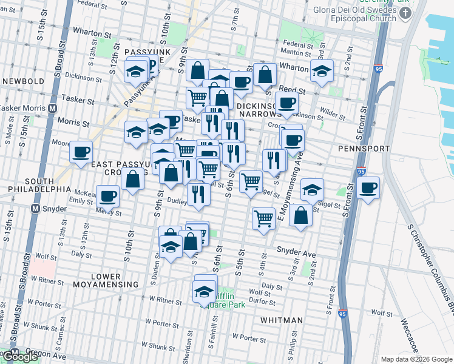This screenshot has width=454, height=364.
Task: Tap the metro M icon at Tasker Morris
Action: (x=53, y=108)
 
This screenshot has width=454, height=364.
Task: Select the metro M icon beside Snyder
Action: (x=36, y=208)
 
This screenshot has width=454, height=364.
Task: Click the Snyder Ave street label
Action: (x=296, y=250)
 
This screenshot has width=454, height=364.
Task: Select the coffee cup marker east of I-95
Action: (x=367, y=188)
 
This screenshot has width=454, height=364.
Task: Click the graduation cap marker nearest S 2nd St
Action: (x=322, y=70)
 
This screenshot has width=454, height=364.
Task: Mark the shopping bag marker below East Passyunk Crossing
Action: (x=132, y=180)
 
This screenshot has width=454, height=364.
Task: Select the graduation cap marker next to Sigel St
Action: (x=312, y=190)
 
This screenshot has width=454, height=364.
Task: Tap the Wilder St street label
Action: (x=331, y=112)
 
